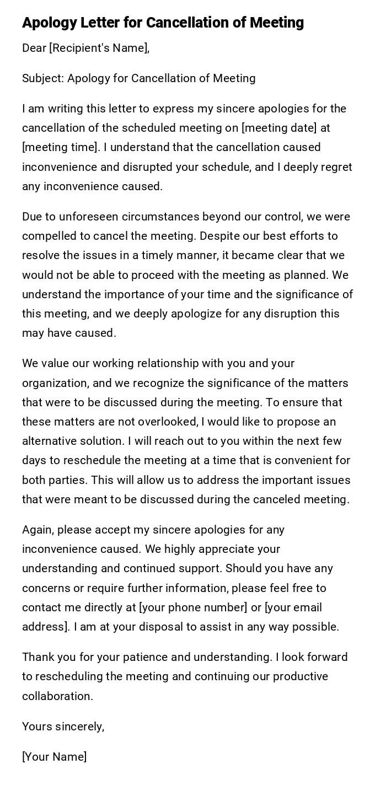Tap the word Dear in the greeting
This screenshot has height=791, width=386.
point(34,48)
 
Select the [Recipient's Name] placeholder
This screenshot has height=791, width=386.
point(99,48)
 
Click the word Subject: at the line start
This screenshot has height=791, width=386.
point(43,78)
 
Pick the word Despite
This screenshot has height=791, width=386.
point(219,236)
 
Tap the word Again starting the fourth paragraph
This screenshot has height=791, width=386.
point(37,530)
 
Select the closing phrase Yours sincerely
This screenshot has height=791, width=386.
point(63,727)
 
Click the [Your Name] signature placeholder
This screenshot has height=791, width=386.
point(54,757)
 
